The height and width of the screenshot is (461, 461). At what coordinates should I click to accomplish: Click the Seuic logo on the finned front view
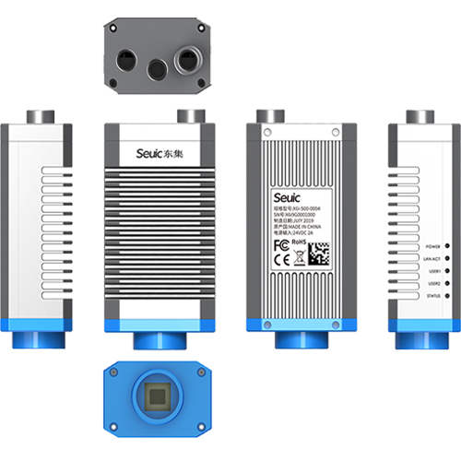(x=150, y=153)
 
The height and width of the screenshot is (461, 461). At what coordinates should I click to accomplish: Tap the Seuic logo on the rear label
(x=287, y=196)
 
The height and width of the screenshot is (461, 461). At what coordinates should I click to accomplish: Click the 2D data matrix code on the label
(x=317, y=254)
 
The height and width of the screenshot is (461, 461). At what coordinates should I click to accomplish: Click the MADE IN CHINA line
(x=294, y=228)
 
